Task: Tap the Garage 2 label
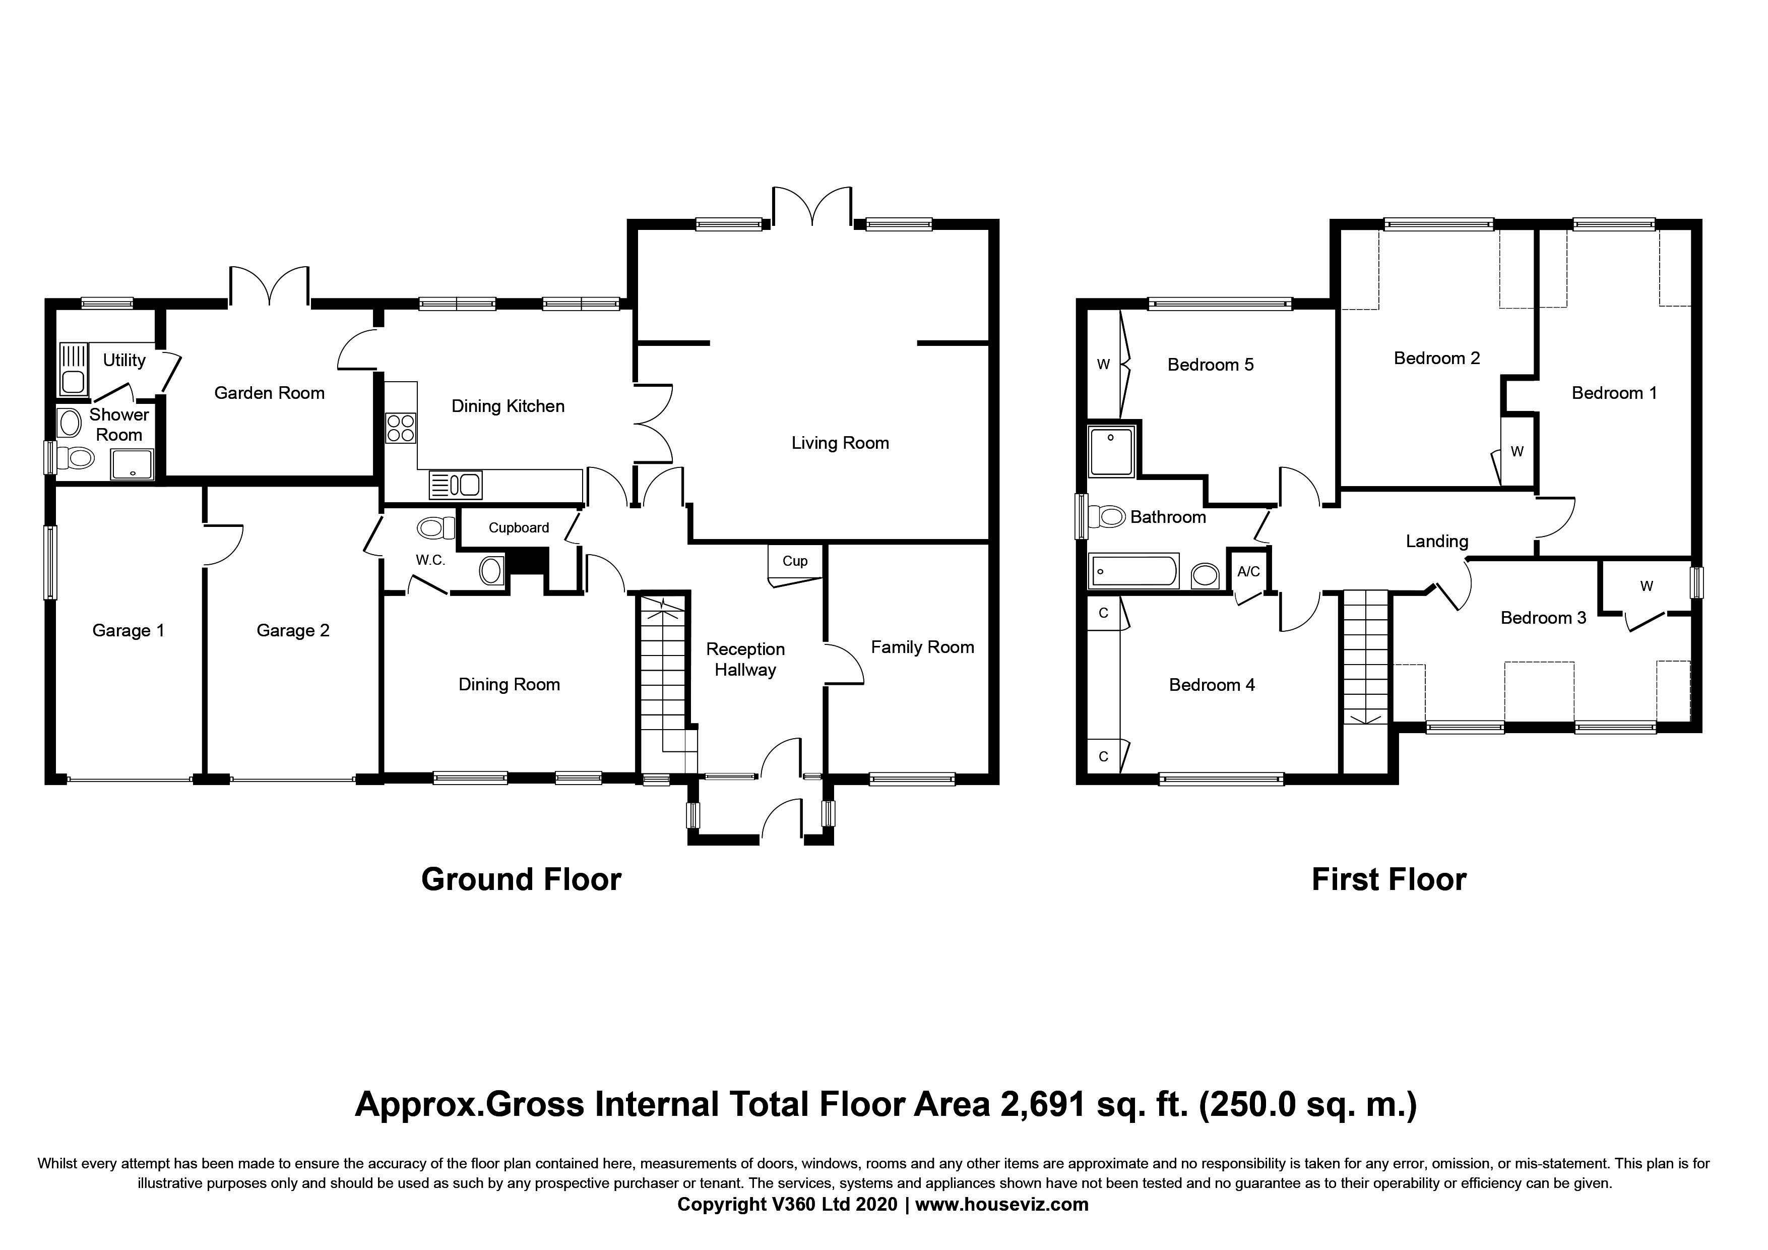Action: (x=293, y=631)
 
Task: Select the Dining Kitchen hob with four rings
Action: (x=400, y=428)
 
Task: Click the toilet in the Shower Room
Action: (x=76, y=459)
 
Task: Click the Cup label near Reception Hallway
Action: (x=795, y=561)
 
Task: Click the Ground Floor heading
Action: (x=521, y=879)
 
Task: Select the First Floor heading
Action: (x=1388, y=879)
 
